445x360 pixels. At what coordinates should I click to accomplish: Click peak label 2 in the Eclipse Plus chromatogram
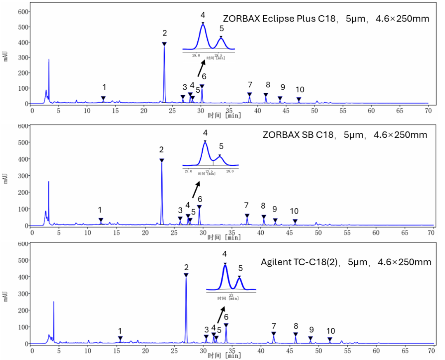pyautogui.click(x=164, y=33)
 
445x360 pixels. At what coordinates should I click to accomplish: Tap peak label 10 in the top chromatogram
pyautogui.click(x=300, y=90)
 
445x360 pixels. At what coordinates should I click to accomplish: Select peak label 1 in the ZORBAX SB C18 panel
pyautogui.click(x=99, y=210)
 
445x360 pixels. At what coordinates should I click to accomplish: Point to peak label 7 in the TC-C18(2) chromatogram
pyautogui.click(x=274, y=326)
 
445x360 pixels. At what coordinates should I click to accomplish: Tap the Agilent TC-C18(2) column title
pyautogui.click(x=346, y=262)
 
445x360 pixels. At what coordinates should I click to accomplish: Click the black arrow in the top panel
pyautogui.click(x=202, y=67)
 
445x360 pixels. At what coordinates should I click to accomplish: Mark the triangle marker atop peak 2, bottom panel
pyautogui.click(x=186, y=275)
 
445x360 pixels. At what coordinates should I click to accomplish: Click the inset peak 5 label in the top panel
pyautogui.click(x=222, y=28)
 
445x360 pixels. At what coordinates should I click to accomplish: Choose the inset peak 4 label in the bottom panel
pyautogui.click(x=225, y=254)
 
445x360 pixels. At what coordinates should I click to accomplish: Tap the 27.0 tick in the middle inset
pyautogui.click(x=188, y=171)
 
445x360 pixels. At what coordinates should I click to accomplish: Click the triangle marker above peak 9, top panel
pyautogui.click(x=280, y=99)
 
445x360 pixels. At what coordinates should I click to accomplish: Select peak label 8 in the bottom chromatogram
pyautogui.click(x=296, y=326)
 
